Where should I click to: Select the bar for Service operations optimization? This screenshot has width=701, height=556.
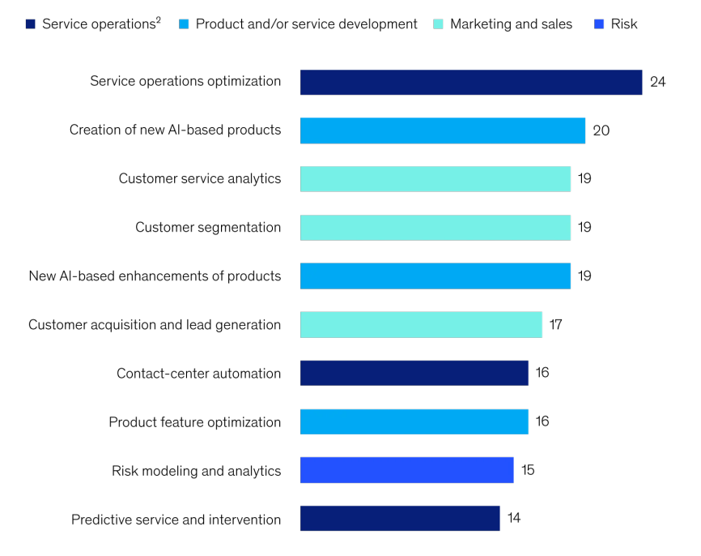point(471,82)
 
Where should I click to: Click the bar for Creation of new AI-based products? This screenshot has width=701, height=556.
point(443,130)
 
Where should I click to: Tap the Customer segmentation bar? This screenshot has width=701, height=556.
point(435,228)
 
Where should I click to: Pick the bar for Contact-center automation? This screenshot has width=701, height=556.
point(414,374)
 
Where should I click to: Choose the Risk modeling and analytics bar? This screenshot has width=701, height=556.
point(407,471)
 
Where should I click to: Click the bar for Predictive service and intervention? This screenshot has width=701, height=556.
point(400,520)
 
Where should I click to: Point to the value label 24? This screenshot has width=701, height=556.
point(657,82)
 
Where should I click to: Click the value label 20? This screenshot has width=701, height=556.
point(601,130)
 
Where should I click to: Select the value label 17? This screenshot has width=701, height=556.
point(555,325)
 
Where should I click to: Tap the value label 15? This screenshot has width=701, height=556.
point(528,471)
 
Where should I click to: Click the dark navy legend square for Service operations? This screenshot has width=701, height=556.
point(30,24)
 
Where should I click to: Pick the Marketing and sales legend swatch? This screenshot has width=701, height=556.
point(438,24)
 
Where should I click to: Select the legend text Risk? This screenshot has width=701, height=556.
point(624,24)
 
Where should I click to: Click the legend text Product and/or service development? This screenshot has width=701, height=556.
point(306,24)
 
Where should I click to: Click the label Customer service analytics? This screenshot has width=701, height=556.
point(200,179)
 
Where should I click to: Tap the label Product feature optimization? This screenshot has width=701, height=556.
point(195,422)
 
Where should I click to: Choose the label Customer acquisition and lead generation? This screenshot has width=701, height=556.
point(155,325)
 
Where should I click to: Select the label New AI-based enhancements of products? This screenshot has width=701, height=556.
point(155,276)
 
